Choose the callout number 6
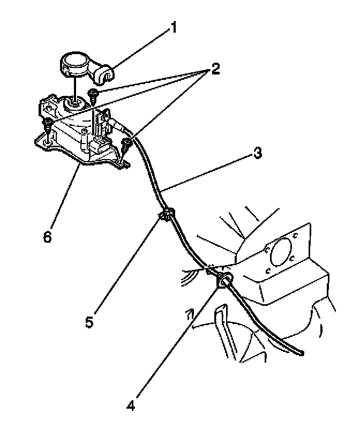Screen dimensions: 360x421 point(48,236)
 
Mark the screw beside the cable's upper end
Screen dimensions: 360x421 point(127,144)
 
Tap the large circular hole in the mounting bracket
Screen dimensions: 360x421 point(282,251)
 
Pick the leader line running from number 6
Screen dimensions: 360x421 point(64,198)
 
